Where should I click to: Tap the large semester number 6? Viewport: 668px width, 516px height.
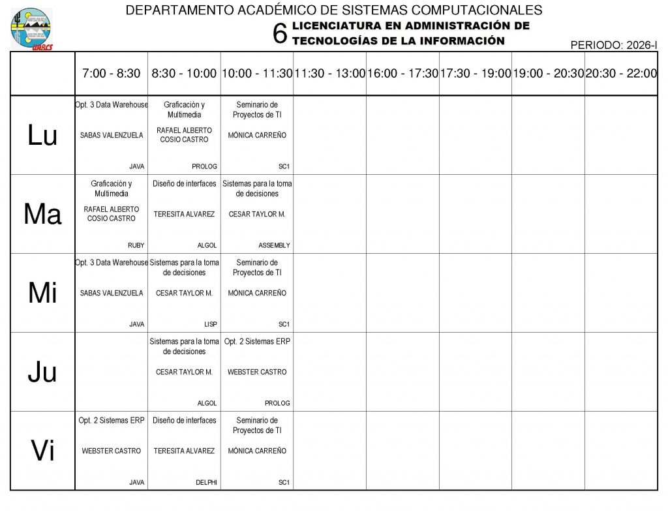(x=280, y=34)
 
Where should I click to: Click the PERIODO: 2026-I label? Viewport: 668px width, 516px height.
(x=613, y=45)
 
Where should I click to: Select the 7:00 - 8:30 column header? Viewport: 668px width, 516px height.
(x=111, y=74)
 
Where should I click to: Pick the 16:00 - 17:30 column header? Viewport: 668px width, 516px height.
(x=402, y=74)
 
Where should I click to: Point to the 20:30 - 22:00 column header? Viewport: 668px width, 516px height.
(x=621, y=74)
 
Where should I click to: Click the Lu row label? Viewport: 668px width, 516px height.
(x=42, y=136)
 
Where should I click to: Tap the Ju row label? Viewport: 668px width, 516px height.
(x=42, y=372)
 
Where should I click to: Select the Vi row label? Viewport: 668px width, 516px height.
(x=42, y=451)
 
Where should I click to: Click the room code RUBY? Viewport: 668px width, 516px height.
(x=136, y=245)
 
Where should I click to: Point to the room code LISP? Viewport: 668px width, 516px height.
(x=210, y=324)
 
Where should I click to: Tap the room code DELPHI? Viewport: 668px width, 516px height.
(x=206, y=483)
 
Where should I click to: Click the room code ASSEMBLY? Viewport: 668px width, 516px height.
(x=274, y=245)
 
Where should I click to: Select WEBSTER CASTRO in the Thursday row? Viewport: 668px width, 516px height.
(x=257, y=372)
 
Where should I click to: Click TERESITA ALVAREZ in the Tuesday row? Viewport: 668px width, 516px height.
(x=184, y=214)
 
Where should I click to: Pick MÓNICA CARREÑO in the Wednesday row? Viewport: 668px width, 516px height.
(x=257, y=293)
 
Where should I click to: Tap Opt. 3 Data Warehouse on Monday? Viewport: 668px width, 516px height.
(x=112, y=104)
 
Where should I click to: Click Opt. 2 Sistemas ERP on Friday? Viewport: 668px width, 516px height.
(x=112, y=420)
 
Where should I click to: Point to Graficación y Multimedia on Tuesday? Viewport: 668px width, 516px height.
(x=112, y=189)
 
